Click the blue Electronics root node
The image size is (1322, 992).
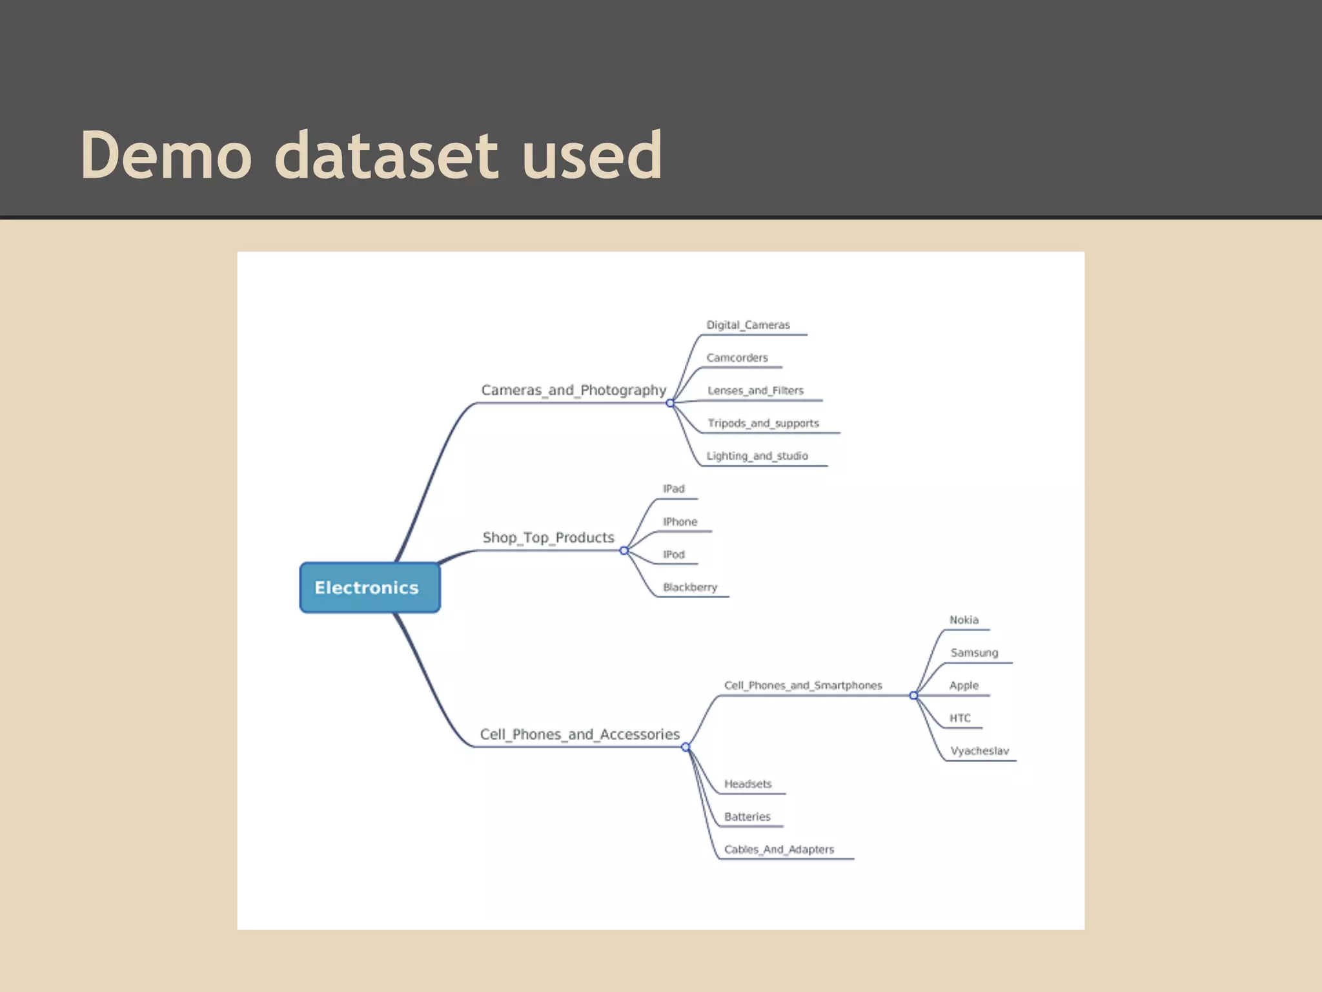369,588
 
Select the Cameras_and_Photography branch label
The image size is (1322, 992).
573,390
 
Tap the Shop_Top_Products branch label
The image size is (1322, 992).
548,537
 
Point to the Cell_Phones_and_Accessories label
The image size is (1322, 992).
580,734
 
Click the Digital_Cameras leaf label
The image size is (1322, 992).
747,325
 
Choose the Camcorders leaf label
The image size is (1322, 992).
737,358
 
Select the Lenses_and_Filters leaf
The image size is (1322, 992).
755,391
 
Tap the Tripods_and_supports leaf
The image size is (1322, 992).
763,423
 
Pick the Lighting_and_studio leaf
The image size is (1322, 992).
757,456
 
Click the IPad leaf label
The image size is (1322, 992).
673,489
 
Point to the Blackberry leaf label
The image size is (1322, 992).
689,587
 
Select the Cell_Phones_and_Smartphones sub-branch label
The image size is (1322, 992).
802,685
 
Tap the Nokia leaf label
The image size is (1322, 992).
964,620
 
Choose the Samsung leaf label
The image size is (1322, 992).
974,653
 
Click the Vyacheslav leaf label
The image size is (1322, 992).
979,751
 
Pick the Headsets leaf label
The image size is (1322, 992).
747,784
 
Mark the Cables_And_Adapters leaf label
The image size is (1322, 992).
778,849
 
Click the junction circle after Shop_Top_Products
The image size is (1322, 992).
624,551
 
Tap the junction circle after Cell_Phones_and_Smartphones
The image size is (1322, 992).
913,696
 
